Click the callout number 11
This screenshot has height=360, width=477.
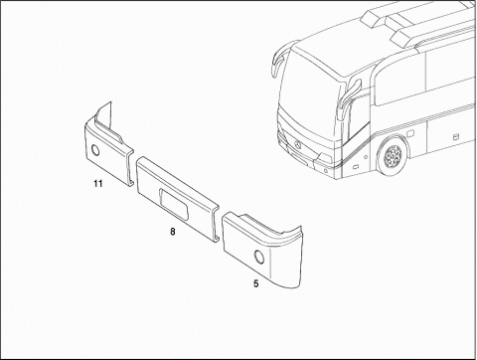[98, 183]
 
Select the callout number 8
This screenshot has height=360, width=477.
[173, 232]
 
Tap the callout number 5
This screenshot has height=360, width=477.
[255, 283]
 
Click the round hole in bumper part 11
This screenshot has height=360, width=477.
[95, 150]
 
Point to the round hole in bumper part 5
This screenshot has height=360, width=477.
[258, 257]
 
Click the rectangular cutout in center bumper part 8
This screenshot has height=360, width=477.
[174, 204]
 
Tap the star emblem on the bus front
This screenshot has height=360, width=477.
[297, 145]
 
